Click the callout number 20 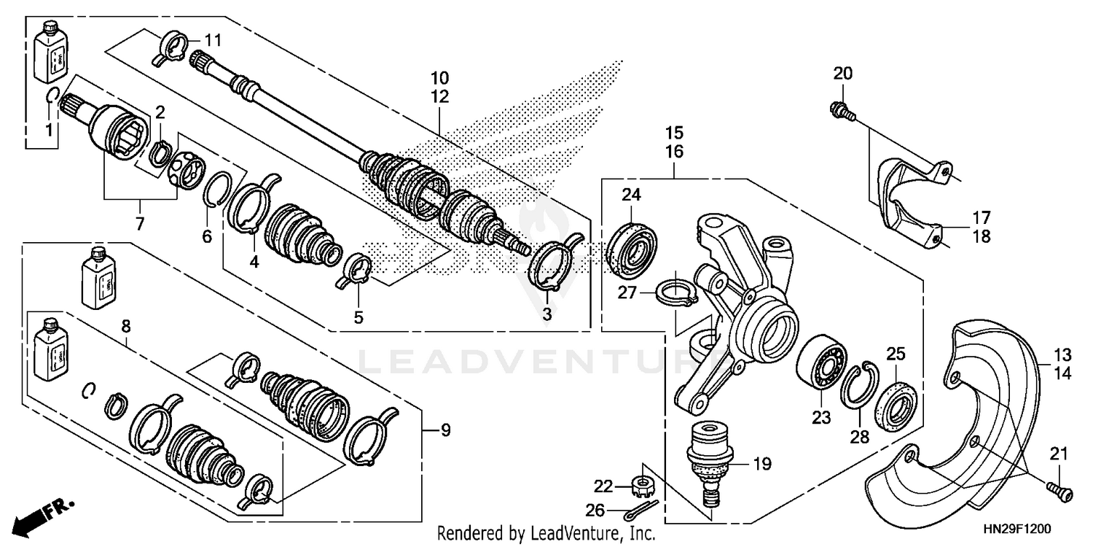point(842,73)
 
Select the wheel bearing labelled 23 point(821,368)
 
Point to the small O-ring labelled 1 point(51,96)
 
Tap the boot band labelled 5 point(357,269)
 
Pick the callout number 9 point(445,430)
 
